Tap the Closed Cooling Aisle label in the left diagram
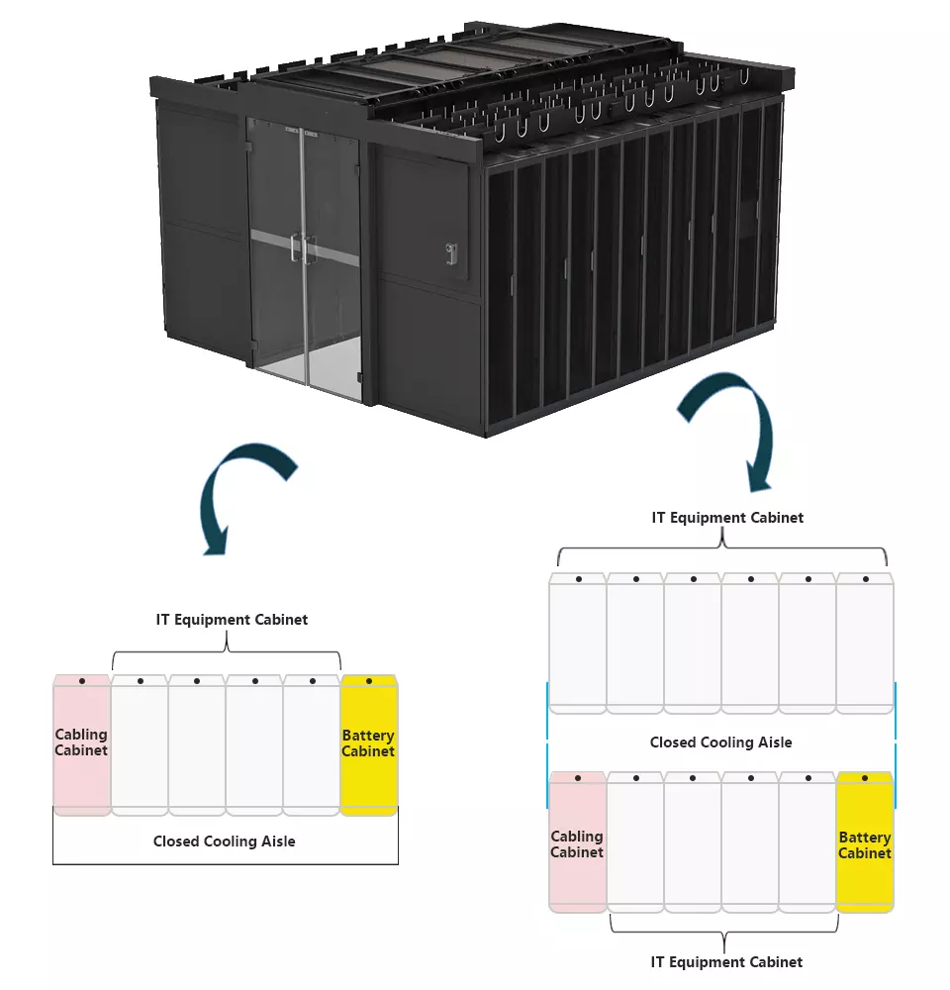click(224, 841)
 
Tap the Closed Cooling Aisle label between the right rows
click(720, 742)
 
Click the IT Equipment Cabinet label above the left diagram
click(232, 620)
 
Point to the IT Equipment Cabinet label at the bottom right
click(726, 961)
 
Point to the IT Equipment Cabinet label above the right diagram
click(727, 517)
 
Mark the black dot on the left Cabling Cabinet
click(82, 681)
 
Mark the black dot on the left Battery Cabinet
click(369, 681)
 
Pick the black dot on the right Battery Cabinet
click(866, 778)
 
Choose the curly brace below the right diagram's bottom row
click(724, 931)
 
